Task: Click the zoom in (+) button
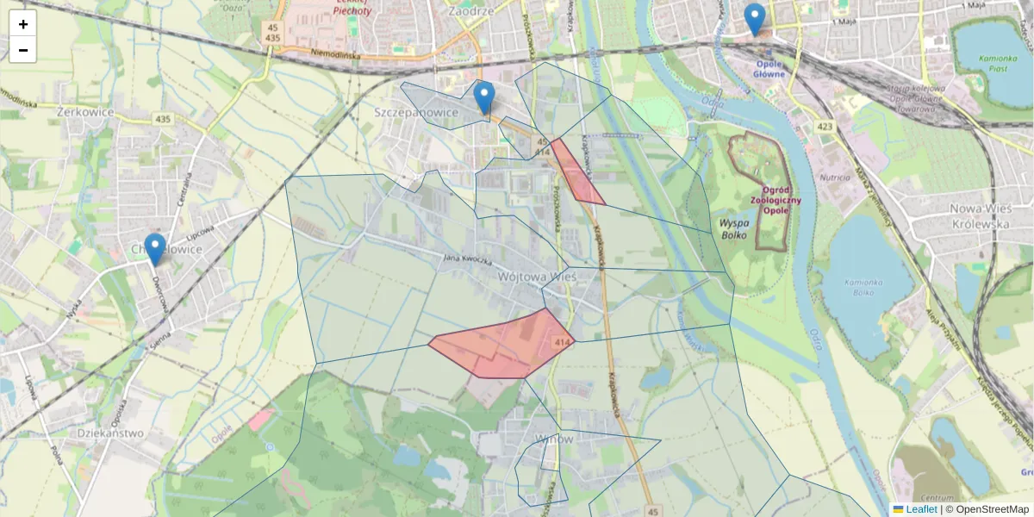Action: (23, 24)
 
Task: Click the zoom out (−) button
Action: (23, 50)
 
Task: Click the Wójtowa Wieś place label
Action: (537, 277)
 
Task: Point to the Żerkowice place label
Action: (85, 112)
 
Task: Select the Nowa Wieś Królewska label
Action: (979, 215)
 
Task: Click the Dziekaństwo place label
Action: (110, 433)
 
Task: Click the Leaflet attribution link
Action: (920, 509)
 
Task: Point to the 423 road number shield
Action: (825, 128)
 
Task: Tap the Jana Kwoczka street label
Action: (467, 258)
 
